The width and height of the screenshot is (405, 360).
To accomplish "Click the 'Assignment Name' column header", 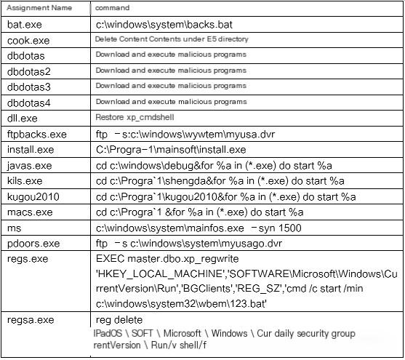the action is (39, 8).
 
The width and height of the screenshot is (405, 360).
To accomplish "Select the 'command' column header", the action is (113, 8).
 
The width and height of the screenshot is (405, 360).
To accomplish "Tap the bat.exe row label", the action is (25, 25).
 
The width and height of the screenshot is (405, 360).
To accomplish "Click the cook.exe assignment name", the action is (28, 41).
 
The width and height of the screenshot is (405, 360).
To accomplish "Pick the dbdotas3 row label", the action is (29, 87).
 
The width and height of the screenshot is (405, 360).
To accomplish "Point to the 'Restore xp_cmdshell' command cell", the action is (135, 117).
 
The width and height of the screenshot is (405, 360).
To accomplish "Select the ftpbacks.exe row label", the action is (37, 134).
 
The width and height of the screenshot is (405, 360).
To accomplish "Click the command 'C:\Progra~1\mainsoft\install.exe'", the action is (171, 150).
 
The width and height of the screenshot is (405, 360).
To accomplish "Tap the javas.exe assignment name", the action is (29, 165).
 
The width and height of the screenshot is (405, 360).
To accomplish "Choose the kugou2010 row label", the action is (33, 197).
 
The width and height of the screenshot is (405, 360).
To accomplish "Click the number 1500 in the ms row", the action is (290, 228).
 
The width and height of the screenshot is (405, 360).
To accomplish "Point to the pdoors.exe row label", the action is (33, 244).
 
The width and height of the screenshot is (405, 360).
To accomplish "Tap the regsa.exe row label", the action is (31, 320).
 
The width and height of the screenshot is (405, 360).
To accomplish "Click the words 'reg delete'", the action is (119, 320).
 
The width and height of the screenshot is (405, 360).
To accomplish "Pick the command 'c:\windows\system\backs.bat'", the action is (164, 25).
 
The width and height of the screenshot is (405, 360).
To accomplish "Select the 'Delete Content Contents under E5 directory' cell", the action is (172, 39).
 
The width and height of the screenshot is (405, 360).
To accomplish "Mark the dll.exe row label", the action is (23, 119).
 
